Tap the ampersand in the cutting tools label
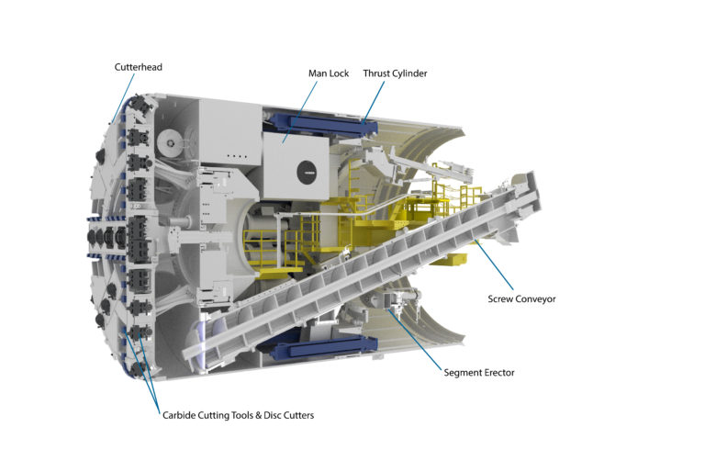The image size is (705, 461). [260, 415]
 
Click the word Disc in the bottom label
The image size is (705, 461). [276, 415]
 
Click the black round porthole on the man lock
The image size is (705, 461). [305, 169]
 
